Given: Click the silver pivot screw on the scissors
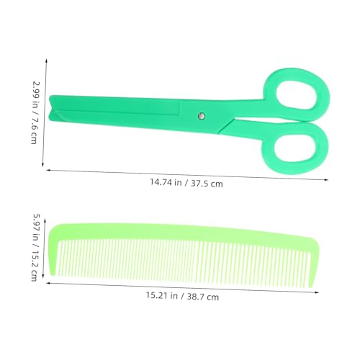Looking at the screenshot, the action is (202, 116).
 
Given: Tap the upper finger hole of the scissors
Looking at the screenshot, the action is (297, 95).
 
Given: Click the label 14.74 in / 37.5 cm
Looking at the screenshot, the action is (186, 183).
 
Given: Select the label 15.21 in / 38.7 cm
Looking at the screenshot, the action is (182, 296).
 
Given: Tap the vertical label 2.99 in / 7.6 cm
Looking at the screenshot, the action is (35, 112).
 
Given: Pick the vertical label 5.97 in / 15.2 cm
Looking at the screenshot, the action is (35, 247).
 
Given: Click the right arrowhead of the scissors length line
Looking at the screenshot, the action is (326, 179).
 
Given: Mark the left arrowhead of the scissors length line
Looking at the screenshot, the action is (48, 170).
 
